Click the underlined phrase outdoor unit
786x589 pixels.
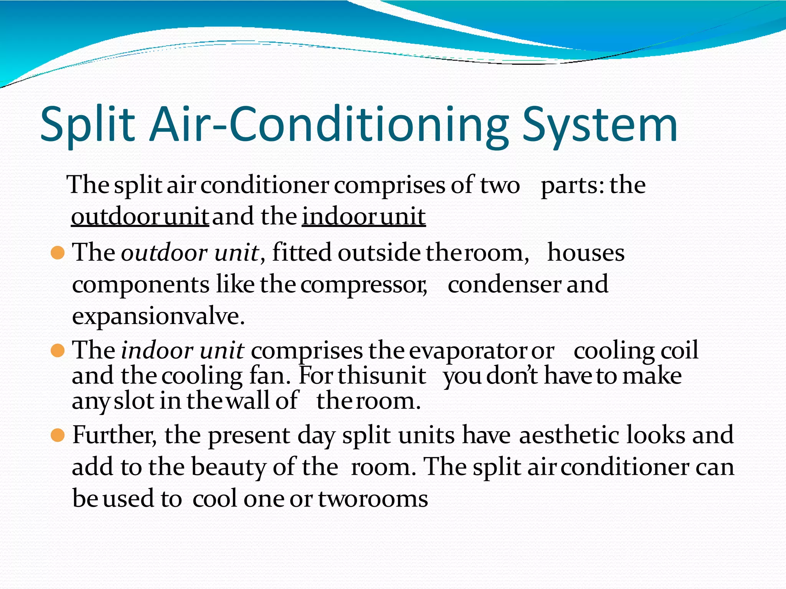click(x=140, y=217)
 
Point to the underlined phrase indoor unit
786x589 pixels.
click(x=364, y=217)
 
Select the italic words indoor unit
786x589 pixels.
click(x=182, y=350)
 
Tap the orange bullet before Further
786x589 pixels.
click(x=57, y=435)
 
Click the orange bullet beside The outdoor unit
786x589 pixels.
click(x=57, y=253)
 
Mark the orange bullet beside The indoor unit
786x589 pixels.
click(x=57, y=350)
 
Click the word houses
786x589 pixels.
click(x=586, y=253)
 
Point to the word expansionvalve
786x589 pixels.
click(x=158, y=317)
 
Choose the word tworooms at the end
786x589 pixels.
click(x=373, y=499)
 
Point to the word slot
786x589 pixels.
click(x=134, y=401)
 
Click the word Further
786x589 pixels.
click(x=114, y=435)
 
